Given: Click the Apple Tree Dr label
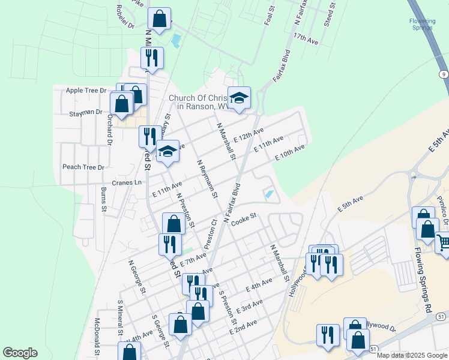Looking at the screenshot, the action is coord(86,91).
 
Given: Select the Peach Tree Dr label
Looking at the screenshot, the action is coord(83,167).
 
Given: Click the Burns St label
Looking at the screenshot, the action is coord(104,200).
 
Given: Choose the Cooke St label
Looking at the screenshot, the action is coord(244,220).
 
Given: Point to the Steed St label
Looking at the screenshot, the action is coord(330,13).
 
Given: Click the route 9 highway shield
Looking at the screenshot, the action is coord(443,74).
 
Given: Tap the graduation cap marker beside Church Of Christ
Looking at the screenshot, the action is coord(239,98).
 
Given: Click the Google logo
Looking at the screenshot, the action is coord(20,353).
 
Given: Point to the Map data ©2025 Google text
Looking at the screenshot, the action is coord(411,355).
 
